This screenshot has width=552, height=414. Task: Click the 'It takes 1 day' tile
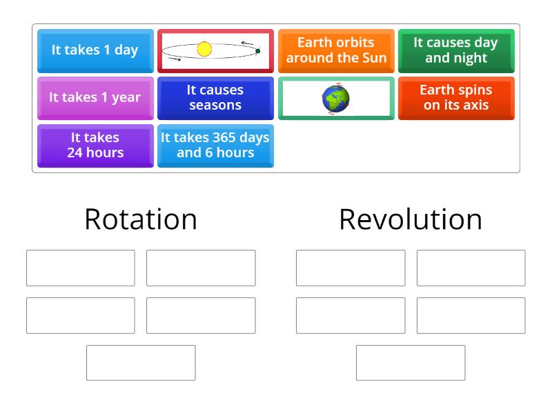95,50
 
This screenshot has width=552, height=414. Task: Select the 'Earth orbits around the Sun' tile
336,50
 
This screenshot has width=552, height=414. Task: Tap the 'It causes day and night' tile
456,50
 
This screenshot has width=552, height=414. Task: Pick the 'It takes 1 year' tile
95,98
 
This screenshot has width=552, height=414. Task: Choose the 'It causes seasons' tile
215,98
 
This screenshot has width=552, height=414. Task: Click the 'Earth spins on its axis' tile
456,98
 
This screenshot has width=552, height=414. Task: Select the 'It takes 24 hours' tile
95,145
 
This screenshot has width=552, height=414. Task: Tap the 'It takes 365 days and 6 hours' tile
215,145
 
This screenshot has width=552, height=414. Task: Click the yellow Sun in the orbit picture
204,49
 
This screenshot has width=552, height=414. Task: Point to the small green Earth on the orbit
257,50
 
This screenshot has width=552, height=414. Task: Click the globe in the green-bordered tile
335,99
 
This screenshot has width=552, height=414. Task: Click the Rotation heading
141,219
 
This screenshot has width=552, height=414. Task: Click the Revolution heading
411,219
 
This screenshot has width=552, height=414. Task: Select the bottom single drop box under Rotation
141,363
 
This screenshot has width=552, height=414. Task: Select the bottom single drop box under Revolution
411,363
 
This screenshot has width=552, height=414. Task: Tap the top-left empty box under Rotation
81,268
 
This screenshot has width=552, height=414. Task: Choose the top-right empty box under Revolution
471,268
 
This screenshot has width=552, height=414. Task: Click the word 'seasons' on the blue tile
215,106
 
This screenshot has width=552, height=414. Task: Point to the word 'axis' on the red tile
475,106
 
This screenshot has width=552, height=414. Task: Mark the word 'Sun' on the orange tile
373,58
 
